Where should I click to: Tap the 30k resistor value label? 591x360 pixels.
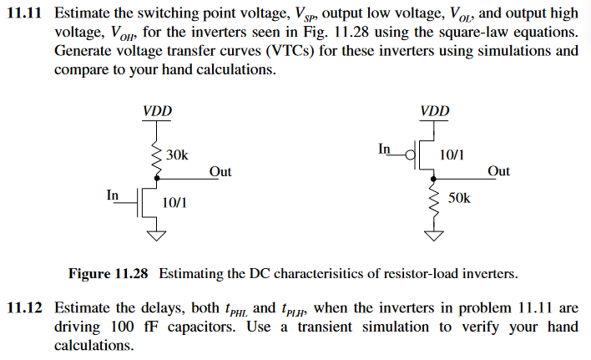click(x=177, y=155)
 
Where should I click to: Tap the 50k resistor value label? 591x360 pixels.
click(x=460, y=198)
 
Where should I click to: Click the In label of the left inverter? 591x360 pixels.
click(x=113, y=195)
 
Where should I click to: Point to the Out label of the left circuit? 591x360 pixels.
click(x=220, y=171)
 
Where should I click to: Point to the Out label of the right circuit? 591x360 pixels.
click(x=498, y=171)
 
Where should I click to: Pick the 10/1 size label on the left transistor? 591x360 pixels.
click(x=175, y=202)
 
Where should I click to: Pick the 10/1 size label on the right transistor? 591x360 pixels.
click(x=452, y=155)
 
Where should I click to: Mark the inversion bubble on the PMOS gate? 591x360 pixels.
click(x=411, y=156)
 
